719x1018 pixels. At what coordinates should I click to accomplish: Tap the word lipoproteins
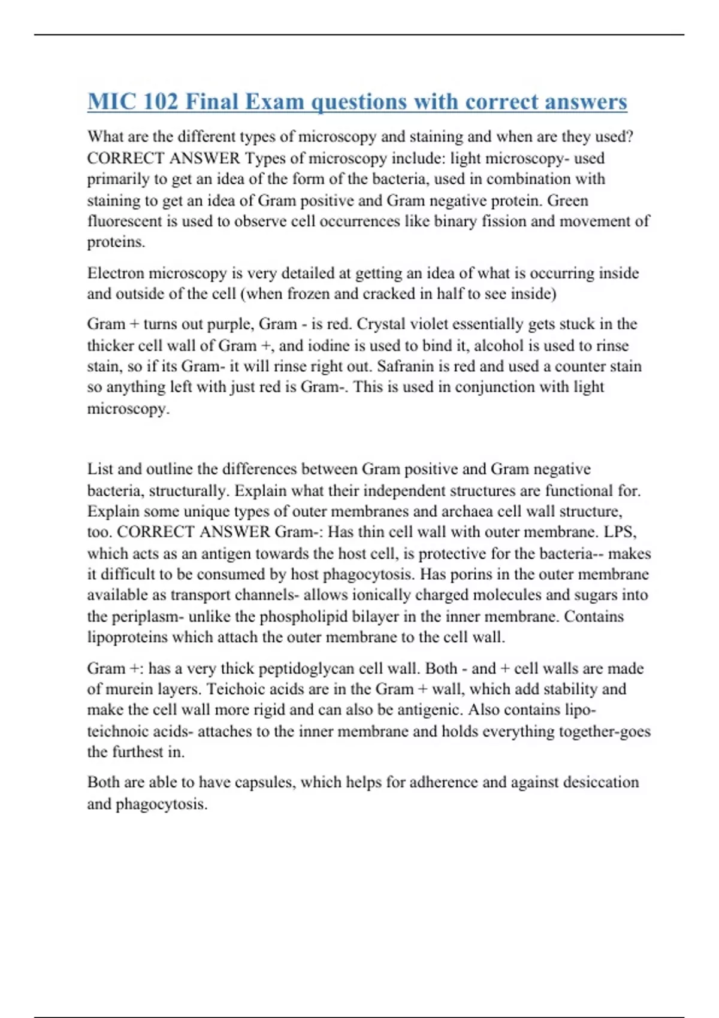pos(127,637)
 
